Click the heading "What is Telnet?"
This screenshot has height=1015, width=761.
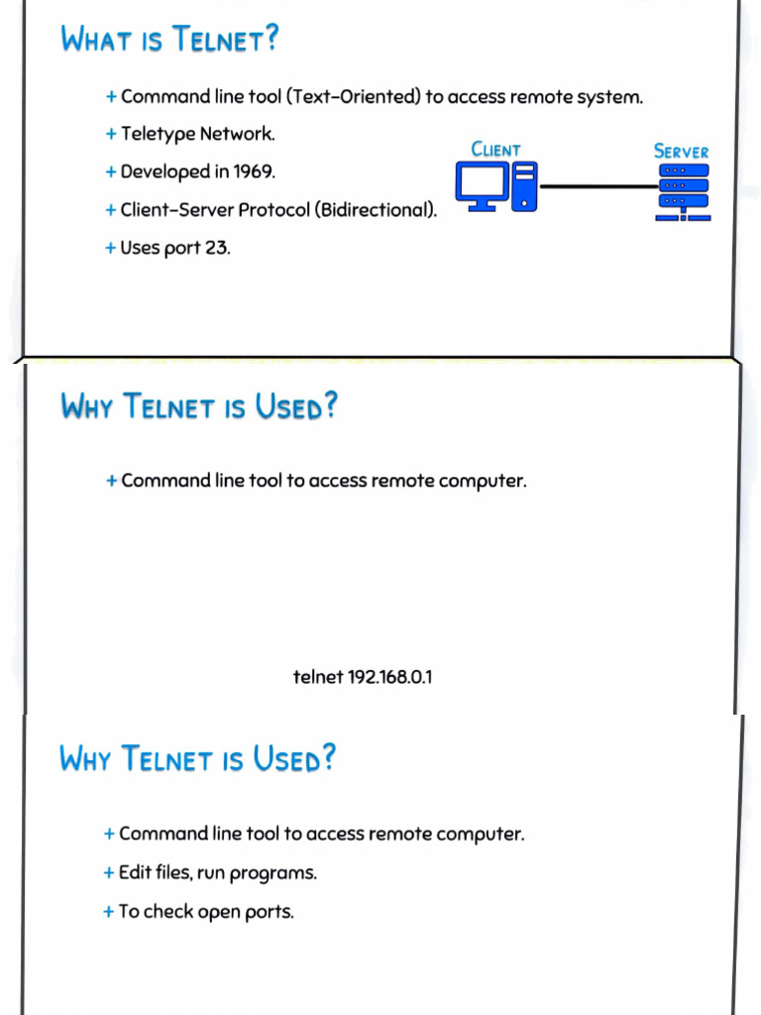(169, 40)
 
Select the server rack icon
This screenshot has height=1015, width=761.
(684, 192)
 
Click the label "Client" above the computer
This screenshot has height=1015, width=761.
(495, 150)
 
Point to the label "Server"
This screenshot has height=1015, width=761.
(682, 151)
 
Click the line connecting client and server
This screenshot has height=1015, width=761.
(598, 186)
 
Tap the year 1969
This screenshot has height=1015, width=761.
(253, 171)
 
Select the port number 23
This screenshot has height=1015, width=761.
(216, 248)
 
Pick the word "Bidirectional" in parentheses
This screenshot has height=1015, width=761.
(375, 210)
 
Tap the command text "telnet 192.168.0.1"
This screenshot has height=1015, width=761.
(363, 677)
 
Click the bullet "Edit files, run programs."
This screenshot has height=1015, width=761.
(217, 873)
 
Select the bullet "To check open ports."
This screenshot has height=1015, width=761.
(206, 912)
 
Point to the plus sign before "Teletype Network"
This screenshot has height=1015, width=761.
(111, 134)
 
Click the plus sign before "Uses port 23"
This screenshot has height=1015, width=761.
(110, 248)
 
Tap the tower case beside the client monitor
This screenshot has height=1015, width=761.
(525, 186)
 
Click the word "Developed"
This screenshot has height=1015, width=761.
(164, 171)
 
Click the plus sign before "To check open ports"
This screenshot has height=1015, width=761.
(108, 912)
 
